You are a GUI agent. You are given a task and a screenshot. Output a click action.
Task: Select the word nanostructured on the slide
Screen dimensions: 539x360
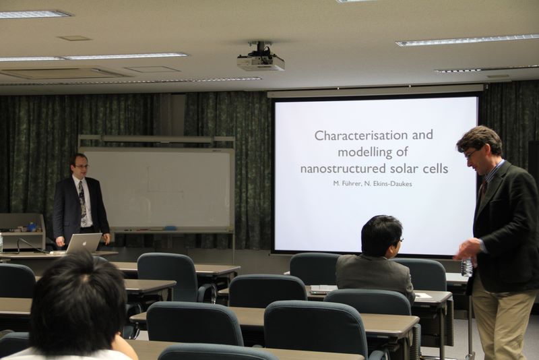(343, 169)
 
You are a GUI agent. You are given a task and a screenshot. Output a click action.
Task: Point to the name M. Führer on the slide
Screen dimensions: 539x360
(347, 183)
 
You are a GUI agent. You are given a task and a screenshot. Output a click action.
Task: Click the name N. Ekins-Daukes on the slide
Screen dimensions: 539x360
(388, 183)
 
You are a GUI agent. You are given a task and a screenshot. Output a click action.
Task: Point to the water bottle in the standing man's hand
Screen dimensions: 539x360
(466, 267)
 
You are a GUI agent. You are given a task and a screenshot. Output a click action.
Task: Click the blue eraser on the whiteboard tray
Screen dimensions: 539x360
(170, 228)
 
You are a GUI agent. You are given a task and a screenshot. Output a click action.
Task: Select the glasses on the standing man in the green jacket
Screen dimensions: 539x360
(471, 153)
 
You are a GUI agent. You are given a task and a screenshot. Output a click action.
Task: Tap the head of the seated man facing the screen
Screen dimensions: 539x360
(381, 237)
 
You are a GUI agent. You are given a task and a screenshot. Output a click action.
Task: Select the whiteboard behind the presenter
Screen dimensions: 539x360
(157, 189)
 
